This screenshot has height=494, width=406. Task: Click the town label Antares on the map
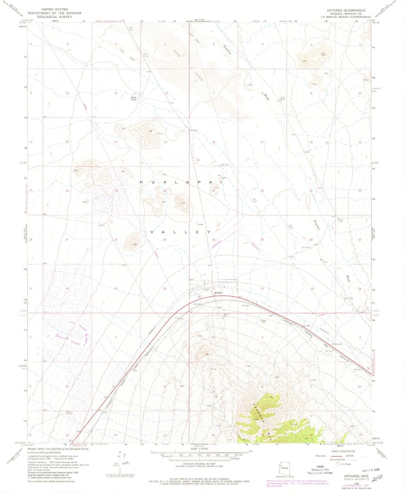point(218,293)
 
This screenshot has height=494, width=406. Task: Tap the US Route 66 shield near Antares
point(200,296)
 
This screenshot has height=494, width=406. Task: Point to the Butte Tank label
point(134,99)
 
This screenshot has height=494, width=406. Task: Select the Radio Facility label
point(69,412)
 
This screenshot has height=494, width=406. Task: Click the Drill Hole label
point(306,247)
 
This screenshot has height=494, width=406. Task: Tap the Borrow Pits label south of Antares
point(226,315)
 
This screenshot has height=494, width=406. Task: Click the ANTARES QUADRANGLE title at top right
point(346,10)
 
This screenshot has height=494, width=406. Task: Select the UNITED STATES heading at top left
point(55,9)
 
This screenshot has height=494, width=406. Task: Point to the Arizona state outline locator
point(284,471)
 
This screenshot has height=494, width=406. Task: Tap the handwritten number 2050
point(377,479)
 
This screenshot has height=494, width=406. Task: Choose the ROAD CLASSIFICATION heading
point(343,451)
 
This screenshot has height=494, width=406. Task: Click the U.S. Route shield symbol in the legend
point(338,464)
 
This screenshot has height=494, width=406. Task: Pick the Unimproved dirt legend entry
point(337,459)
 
